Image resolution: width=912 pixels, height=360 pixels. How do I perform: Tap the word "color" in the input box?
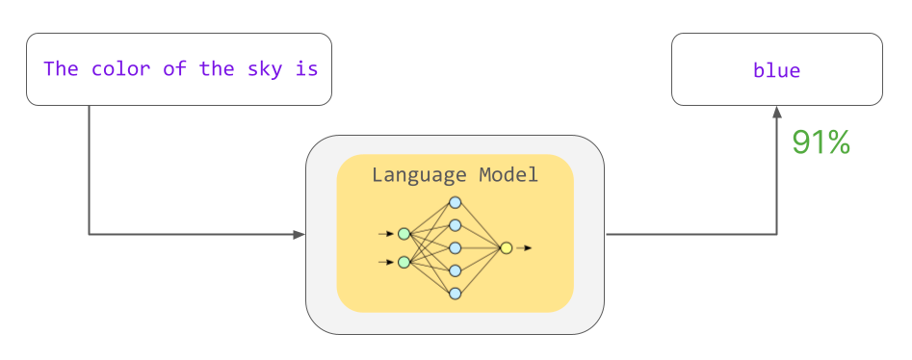(120, 69)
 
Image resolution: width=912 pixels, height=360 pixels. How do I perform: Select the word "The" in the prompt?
(61, 69)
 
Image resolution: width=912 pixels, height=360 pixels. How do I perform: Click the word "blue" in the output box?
(776, 70)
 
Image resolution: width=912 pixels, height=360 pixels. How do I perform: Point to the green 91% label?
(821, 142)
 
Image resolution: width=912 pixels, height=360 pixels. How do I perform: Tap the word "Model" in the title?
(509, 175)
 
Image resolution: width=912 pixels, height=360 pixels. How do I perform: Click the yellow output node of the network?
(506, 248)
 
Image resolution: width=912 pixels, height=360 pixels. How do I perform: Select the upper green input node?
(404, 234)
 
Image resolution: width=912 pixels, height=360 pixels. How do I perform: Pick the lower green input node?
(404, 262)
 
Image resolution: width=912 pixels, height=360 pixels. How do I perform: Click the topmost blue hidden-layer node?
(456, 203)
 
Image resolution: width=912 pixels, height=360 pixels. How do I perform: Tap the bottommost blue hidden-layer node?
(456, 293)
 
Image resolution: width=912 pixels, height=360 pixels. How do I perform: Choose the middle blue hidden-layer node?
(456, 247)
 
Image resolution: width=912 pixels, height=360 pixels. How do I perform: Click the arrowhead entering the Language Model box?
(299, 234)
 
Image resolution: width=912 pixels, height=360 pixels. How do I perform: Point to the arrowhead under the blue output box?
(776, 113)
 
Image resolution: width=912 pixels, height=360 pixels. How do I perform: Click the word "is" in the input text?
(306, 69)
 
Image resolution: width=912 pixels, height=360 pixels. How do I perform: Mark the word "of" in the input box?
(174, 69)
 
